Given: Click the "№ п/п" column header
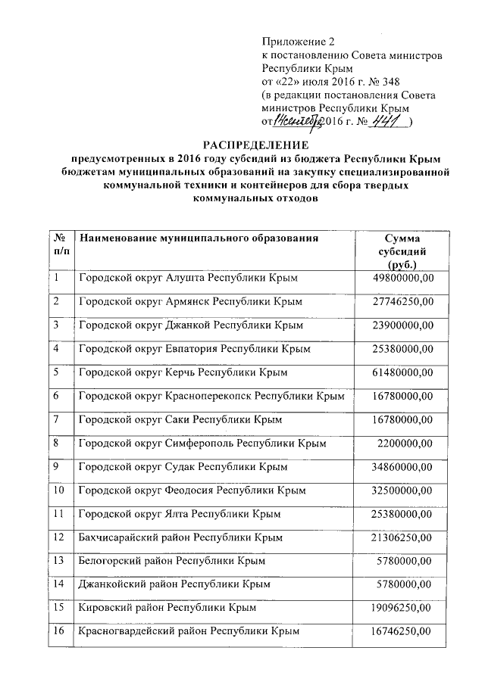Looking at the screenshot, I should pyautogui.click(x=61, y=244).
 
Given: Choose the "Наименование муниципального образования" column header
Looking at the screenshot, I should pyautogui.click(x=199, y=238).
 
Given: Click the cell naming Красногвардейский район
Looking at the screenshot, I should pyautogui.click(x=184, y=631).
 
